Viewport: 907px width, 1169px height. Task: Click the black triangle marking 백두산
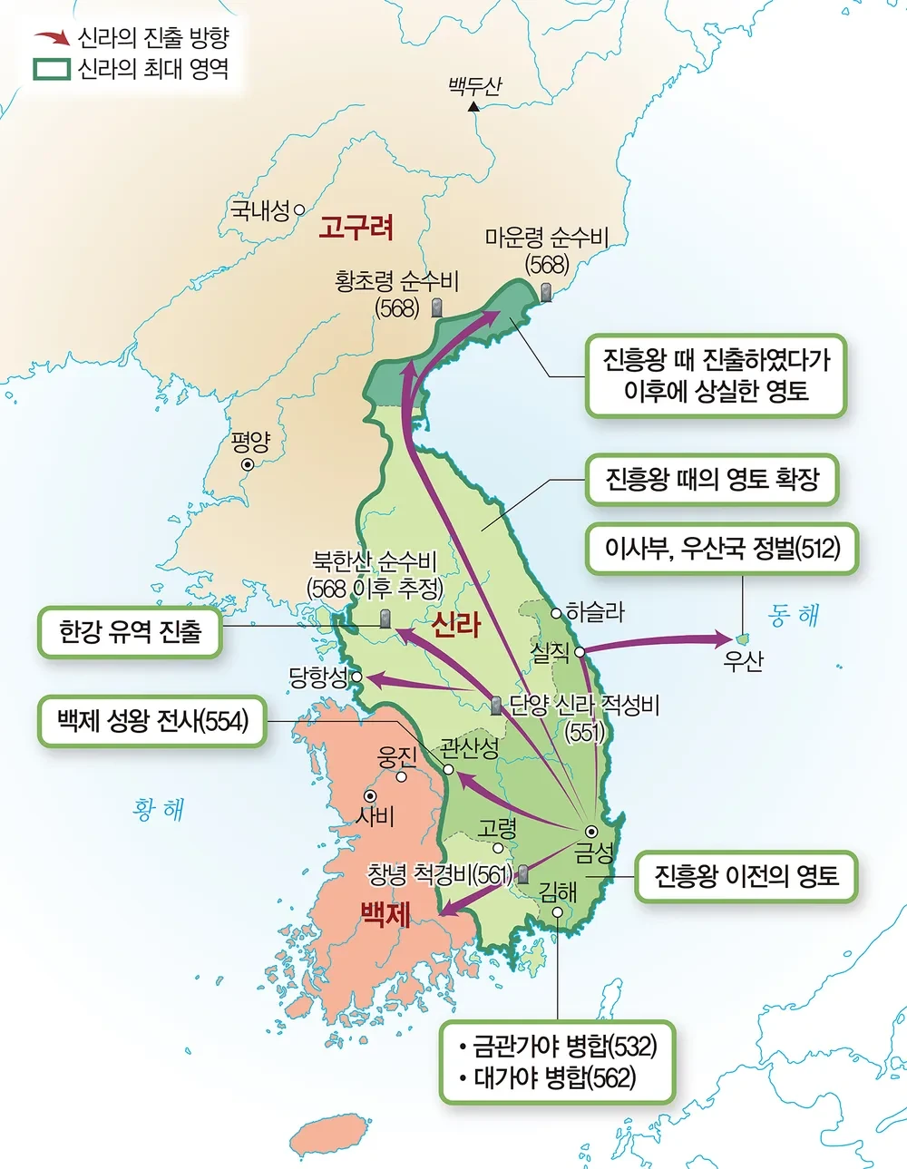473,107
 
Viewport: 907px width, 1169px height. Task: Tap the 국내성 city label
259,211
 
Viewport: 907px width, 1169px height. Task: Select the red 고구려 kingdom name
356,227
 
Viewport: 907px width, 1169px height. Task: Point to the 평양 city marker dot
247,464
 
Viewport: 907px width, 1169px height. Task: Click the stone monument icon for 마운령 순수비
545,292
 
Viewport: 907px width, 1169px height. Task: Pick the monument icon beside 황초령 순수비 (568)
436,307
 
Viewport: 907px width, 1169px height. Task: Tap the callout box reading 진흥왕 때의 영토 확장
712,479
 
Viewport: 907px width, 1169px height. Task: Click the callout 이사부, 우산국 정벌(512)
722,549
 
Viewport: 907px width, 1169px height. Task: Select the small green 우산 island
743,638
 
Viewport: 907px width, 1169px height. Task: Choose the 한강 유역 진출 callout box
130,632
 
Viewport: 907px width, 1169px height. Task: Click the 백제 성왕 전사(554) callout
152,721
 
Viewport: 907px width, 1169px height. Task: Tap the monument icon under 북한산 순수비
385,619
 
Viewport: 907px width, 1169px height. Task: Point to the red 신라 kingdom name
455,624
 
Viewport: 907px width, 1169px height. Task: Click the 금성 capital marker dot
591,832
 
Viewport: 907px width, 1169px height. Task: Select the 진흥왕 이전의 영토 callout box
746,876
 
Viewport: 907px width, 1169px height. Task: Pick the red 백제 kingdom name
385,914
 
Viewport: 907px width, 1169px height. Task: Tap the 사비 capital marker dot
370,796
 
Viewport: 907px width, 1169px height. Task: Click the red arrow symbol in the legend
52,38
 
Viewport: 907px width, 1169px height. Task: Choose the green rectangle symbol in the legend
52,69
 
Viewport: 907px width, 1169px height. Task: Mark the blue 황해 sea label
159,809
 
